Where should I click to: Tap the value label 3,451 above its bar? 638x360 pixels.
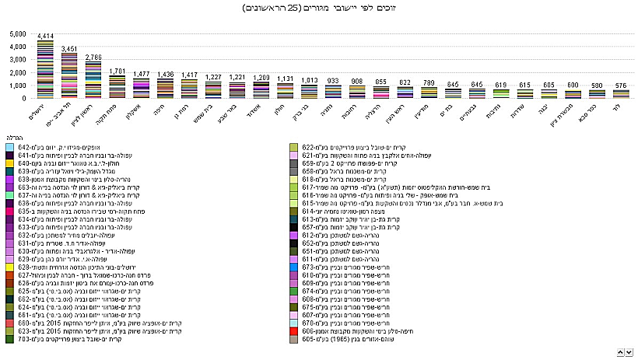click(x=69, y=48)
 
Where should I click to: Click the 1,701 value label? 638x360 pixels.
click(x=117, y=71)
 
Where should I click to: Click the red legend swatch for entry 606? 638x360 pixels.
click(x=294, y=330)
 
